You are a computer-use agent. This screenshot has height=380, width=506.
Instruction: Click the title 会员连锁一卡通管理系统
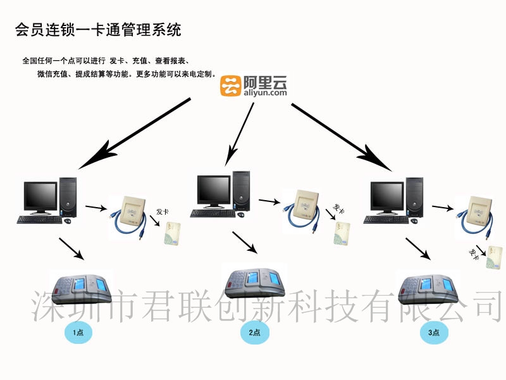pyautogui.click(x=97, y=29)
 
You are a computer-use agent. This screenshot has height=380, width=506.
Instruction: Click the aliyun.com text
pyautogui.click(x=264, y=92)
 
